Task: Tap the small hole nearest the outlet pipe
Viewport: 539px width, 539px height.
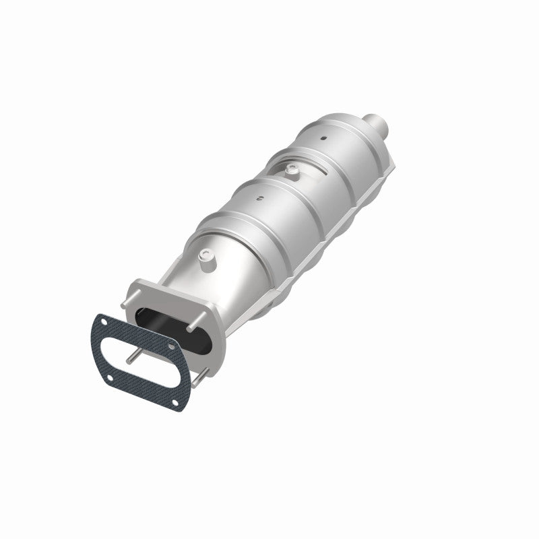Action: pyautogui.click(x=323, y=139)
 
